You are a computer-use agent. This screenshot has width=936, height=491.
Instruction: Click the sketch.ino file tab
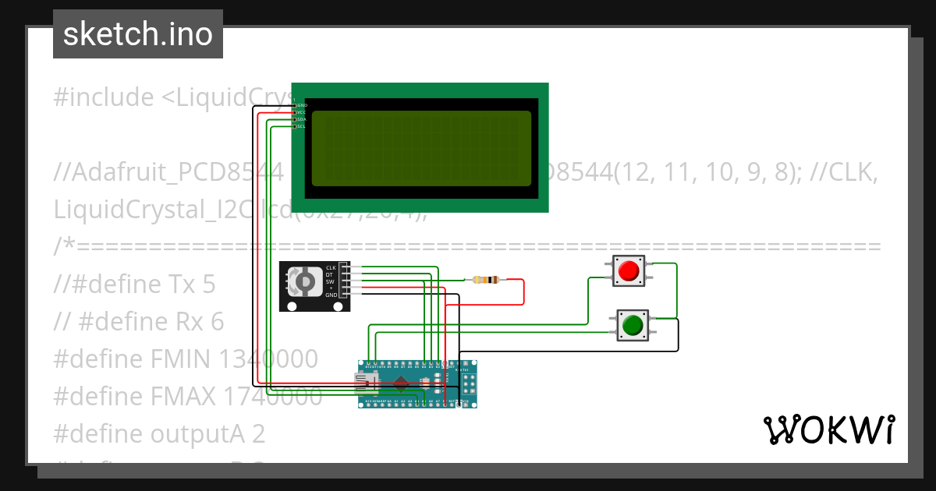pyautogui.click(x=138, y=34)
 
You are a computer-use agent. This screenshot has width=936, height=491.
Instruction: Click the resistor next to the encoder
pyautogui.click(x=485, y=280)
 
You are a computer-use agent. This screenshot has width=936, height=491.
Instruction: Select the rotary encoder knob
pyautogui.click(x=303, y=281)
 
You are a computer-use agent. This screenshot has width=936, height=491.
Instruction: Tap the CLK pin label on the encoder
pyautogui.click(x=331, y=267)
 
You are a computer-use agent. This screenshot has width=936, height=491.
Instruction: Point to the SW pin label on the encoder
pyautogui.click(x=331, y=281)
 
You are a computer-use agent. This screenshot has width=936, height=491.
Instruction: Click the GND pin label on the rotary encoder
pyautogui.click(x=331, y=295)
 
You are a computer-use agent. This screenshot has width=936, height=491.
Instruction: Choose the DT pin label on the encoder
pyautogui.click(x=331, y=274)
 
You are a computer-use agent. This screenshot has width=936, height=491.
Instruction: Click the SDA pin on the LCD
pyautogui.click(x=300, y=119)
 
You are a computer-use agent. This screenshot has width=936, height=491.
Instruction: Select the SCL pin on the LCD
pyautogui.click(x=300, y=126)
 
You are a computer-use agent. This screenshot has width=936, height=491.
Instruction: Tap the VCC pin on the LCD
pyautogui.click(x=300, y=112)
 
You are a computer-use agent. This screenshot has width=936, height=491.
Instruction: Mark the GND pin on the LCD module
pyautogui.click(x=300, y=104)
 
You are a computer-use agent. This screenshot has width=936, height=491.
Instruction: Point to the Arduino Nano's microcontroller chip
pyautogui.click(x=402, y=383)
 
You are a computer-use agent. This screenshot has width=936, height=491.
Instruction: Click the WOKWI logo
pyautogui.click(x=828, y=429)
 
